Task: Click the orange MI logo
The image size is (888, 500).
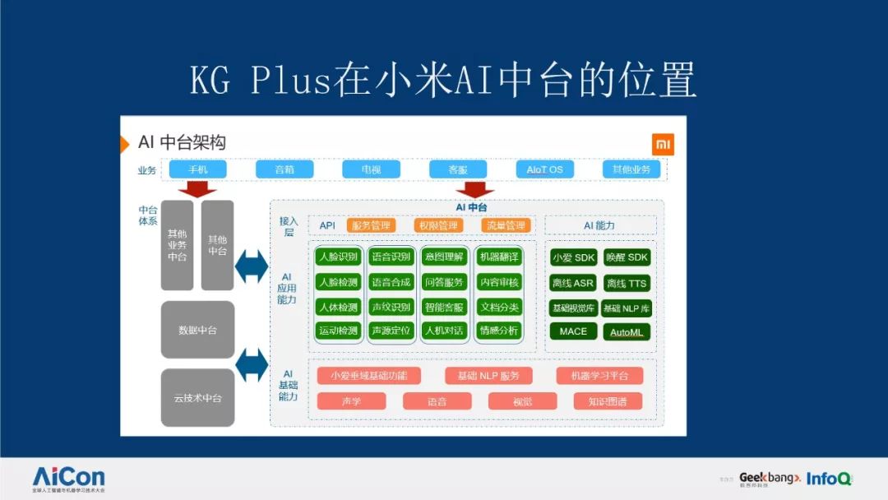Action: coord(664,144)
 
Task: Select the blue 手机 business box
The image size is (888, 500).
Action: coord(197,169)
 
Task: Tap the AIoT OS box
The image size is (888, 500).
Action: coord(545,169)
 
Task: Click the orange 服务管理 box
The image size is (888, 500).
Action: coord(372,225)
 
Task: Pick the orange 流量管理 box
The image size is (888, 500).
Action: coord(506,225)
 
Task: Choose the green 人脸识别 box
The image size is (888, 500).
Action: coord(338,257)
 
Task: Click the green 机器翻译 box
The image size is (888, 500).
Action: coord(499,257)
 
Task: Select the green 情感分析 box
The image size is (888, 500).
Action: coord(499,331)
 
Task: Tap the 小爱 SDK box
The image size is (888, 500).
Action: coord(574,257)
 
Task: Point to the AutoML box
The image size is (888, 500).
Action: coord(627,332)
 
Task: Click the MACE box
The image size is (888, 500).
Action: coord(574,331)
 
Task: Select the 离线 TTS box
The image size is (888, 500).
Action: coord(627,283)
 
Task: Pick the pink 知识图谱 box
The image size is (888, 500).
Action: coord(608,401)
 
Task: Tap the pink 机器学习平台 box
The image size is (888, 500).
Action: coord(599,376)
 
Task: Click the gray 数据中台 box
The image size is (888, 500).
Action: coord(197,330)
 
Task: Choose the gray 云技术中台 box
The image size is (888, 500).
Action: coord(197,398)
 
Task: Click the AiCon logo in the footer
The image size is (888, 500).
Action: coord(68,478)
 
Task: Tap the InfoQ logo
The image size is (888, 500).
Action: coord(829,479)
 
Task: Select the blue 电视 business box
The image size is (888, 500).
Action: coord(371,169)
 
